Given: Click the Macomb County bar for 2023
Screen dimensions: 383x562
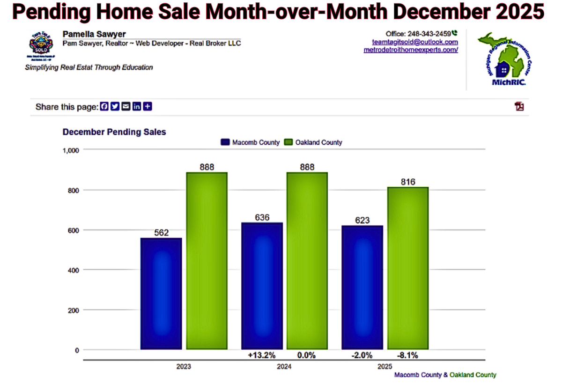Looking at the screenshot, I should [x=161, y=294].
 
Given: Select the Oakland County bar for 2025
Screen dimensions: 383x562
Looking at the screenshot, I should [x=407, y=268].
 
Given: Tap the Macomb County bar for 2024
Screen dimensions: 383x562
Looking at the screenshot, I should [x=261, y=286].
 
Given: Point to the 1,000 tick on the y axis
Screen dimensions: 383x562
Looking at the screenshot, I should [x=72, y=150].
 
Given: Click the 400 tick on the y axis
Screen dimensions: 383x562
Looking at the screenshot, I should [x=74, y=270].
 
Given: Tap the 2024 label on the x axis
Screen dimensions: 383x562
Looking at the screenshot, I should [x=284, y=367].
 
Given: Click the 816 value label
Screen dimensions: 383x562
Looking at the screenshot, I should [x=408, y=182].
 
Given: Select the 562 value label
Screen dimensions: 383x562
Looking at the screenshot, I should [x=161, y=233].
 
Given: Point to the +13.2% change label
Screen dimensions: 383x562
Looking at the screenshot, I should [x=261, y=355].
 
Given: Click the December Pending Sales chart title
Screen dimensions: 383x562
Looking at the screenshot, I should [x=114, y=132].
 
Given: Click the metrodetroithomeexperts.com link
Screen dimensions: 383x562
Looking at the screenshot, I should [x=411, y=50].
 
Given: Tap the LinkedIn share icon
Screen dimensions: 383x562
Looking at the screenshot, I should [x=136, y=107].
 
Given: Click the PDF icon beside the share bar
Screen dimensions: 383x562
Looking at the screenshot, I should [x=519, y=106].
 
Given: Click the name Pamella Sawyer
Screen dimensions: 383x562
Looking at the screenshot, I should [x=94, y=34].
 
